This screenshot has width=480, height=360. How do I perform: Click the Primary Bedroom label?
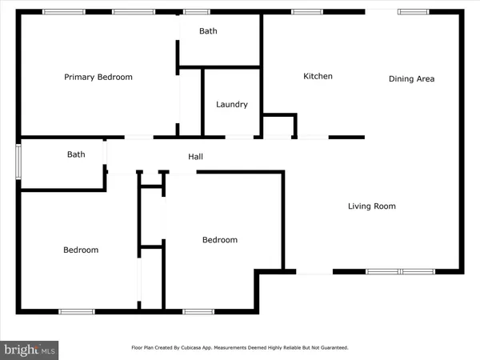tap(98, 77)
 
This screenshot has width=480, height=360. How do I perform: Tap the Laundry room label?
tap(232, 105)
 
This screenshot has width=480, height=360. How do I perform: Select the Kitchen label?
tap(318, 76)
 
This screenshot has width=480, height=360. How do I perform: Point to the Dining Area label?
tap(411, 79)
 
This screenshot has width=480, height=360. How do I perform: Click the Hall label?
tap(195, 157)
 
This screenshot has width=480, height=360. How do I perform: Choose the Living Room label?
tap(372, 206)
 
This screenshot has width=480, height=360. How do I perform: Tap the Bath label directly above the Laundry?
tap(208, 31)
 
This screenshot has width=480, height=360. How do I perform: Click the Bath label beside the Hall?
tap(76, 154)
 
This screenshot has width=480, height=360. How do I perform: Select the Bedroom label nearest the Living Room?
tap(220, 240)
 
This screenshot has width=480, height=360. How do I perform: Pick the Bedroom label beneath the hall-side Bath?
tap(81, 250)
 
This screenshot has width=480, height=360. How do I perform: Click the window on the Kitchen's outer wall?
tap(306, 12)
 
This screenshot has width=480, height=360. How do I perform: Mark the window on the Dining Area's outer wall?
tap(414, 12)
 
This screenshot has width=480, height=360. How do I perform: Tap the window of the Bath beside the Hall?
tap(18, 162)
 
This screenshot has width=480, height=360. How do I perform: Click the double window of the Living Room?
tap(401, 271)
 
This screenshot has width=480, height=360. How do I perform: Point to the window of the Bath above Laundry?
tap(197, 12)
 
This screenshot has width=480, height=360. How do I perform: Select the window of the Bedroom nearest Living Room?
tap(198, 312)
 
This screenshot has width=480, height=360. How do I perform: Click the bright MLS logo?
tap(29, 350)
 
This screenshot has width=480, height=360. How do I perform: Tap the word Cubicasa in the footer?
tap(190, 348)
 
